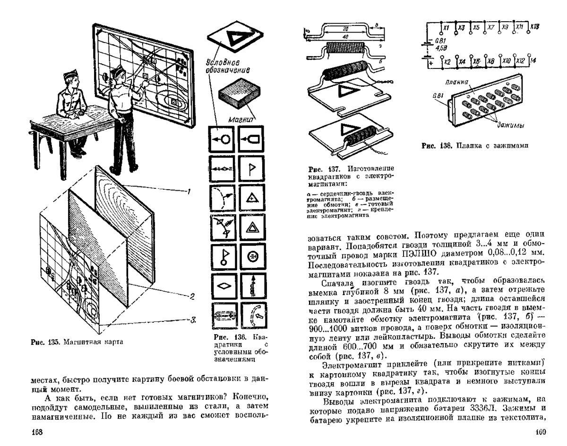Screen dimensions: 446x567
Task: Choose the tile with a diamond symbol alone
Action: point(221,285)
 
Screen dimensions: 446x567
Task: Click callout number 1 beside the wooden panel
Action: point(188,191)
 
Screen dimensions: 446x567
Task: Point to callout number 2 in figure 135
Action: point(192,296)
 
